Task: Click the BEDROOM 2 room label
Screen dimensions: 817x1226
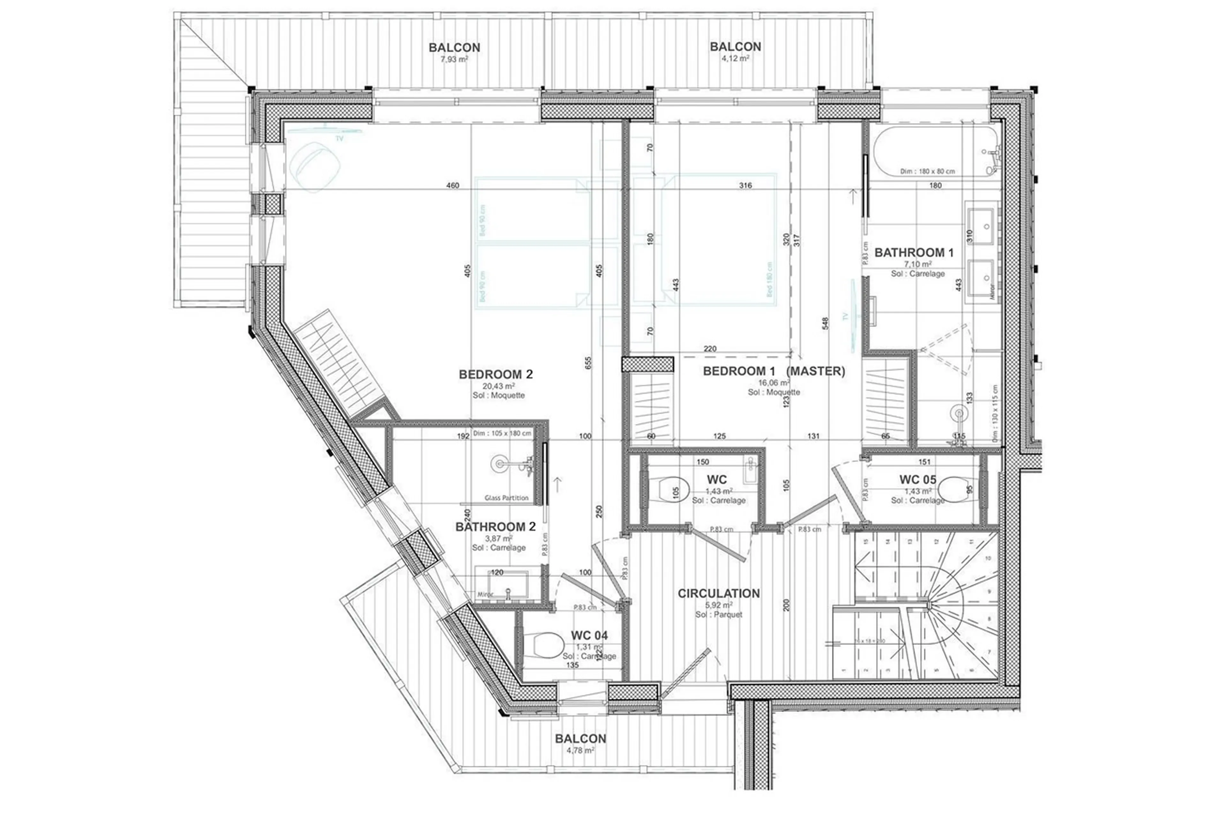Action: pyautogui.click(x=496, y=374)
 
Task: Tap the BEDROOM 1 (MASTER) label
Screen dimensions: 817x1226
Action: pyautogui.click(x=773, y=371)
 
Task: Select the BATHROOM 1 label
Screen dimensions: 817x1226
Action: pyautogui.click(x=913, y=253)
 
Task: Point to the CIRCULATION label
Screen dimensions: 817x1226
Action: pyautogui.click(x=718, y=593)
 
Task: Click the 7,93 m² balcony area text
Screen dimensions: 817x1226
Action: pyautogui.click(x=454, y=59)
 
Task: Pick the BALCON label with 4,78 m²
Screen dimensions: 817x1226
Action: pyautogui.click(x=580, y=738)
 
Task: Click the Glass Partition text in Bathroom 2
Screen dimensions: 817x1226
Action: pyautogui.click(x=506, y=498)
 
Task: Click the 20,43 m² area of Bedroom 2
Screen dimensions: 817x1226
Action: pyautogui.click(x=498, y=386)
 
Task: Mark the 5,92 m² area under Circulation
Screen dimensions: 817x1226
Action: pyautogui.click(x=718, y=605)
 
